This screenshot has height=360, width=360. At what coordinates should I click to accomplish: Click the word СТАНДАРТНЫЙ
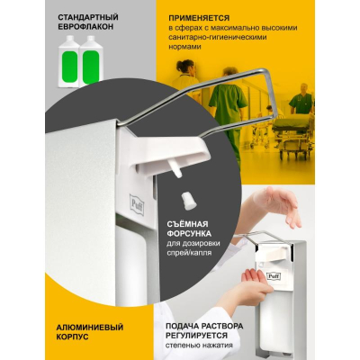pos(88,17)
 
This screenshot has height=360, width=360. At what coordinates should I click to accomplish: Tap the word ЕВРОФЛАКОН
pos(85,27)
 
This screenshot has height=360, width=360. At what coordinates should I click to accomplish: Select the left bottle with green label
pos(69,62)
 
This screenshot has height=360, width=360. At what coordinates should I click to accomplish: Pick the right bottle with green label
pos(90,62)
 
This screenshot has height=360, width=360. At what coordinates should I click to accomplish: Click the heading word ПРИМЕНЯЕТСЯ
pos(199,18)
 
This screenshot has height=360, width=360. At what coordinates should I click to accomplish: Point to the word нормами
pos(184,47)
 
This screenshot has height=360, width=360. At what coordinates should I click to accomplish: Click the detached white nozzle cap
pos(189,201)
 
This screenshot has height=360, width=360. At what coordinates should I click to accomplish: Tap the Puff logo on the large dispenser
pos(137,204)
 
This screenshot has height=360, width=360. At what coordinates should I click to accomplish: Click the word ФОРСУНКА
pos(189,233)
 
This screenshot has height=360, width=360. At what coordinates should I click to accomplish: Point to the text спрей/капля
pos(189,253)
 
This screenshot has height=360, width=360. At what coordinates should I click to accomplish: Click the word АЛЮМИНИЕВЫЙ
pos(90,327)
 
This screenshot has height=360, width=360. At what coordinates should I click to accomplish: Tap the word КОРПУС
pos(72,337)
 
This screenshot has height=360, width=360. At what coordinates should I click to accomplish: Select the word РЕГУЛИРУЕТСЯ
pos(197,335)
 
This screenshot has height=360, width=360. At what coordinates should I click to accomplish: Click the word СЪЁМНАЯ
pos(187,224)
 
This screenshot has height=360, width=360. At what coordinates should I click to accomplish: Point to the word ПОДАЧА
pos(180,326)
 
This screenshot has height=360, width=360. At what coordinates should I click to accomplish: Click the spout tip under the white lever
pos(178,175)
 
